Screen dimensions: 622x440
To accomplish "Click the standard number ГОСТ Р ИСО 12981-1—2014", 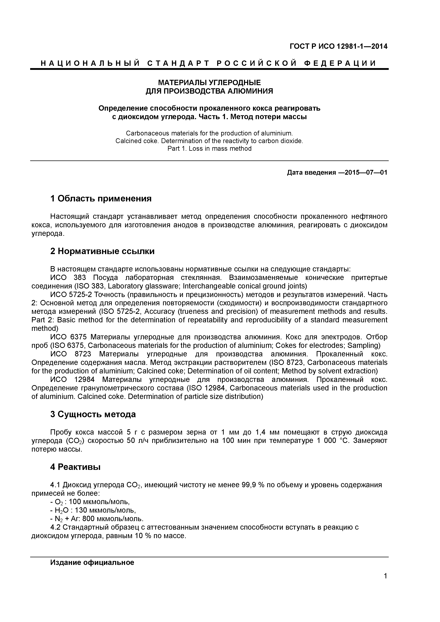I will coord(338,46).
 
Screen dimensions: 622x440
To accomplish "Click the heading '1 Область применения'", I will coord(101,199).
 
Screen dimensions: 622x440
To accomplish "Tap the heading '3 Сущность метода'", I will coord(93,414).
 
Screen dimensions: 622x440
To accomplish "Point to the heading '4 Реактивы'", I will coord(75,467).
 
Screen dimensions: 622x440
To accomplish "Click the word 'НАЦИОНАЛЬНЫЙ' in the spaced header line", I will coord(90,63).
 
